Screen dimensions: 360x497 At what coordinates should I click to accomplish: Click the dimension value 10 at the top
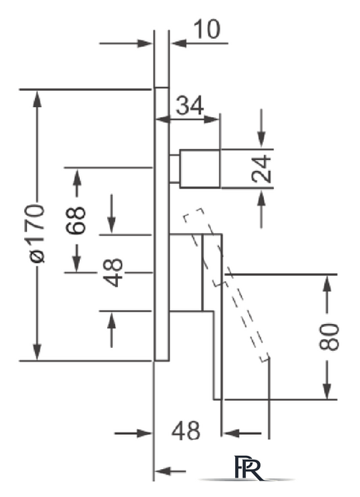(x=207, y=30)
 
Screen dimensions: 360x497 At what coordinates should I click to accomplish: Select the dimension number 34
(x=190, y=106)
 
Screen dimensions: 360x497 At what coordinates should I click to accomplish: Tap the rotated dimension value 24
(x=261, y=169)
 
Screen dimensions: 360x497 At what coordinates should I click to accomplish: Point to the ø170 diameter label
(x=37, y=233)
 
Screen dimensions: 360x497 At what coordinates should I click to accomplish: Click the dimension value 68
(x=76, y=220)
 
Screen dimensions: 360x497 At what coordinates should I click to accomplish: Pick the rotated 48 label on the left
(x=112, y=273)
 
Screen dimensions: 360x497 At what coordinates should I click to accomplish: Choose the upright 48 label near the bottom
(x=186, y=431)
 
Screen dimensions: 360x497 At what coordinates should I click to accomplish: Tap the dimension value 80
(x=329, y=337)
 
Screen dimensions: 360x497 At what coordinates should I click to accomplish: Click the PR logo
(x=249, y=468)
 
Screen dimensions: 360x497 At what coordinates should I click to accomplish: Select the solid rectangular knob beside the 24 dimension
(x=200, y=169)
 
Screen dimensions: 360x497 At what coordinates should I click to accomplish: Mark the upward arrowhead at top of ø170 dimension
(x=37, y=99)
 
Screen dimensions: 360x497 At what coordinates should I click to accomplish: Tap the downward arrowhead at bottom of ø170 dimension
(x=37, y=352)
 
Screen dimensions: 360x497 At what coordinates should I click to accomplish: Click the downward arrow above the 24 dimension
(x=261, y=128)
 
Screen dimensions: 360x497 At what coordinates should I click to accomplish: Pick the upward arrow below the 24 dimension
(x=261, y=209)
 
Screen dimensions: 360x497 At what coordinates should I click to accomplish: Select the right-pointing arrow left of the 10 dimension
(x=126, y=43)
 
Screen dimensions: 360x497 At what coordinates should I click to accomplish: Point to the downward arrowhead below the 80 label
(x=327, y=391)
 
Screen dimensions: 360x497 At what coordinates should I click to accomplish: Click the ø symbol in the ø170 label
(x=37, y=256)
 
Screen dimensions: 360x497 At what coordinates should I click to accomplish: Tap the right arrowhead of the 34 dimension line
(x=212, y=120)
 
